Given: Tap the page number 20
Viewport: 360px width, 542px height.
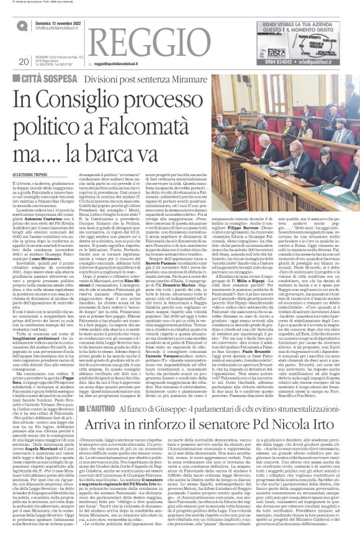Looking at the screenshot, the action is [x=24, y=61].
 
